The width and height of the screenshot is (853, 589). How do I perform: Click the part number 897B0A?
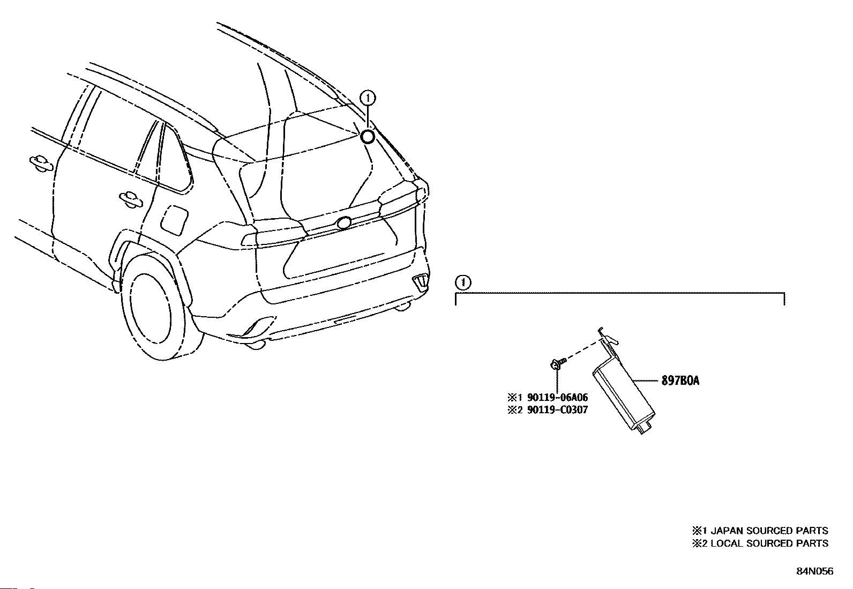click(680, 381)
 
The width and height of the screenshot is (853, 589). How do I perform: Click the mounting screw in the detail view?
click(555, 365)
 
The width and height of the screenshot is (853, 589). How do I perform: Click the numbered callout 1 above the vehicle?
click(368, 98)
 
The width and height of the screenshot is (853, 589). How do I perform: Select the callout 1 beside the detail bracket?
click(462, 282)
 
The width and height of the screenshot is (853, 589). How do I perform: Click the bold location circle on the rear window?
click(368, 137)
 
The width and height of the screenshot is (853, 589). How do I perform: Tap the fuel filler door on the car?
click(174, 219)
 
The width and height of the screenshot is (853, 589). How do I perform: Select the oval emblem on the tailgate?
click(343, 221)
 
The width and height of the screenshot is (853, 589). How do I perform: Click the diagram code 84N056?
click(814, 571)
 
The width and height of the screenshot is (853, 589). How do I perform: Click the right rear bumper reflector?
click(420, 281)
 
